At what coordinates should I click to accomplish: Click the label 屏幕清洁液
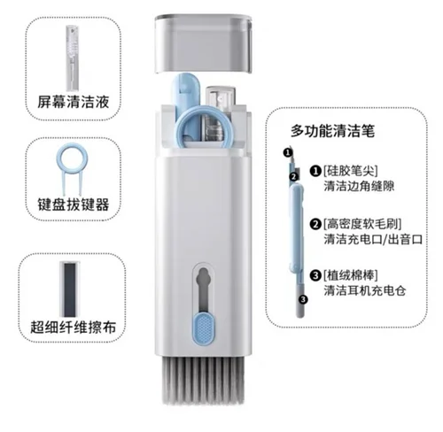[74, 102]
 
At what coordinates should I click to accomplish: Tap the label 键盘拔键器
[74, 204]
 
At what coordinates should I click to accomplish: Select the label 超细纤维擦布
[73, 327]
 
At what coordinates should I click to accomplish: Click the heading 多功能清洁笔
[332, 131]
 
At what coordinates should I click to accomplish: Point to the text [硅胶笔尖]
[351, 170]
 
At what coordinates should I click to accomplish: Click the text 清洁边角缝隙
[359, 186]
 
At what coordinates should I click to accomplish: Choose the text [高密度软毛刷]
[362, 224]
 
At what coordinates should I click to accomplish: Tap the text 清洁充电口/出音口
[373, 239]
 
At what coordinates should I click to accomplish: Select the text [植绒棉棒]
[351, 275]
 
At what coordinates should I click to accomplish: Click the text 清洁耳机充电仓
[365, 290]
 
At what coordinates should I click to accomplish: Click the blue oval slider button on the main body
[204, 328]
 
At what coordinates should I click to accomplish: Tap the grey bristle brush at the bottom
[203, 380]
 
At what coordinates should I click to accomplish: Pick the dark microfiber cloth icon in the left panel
[70, 289]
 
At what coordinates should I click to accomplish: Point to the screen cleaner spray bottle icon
[73, 58]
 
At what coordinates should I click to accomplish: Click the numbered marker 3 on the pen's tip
[303, 299]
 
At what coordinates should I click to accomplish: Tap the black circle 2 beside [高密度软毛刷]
[315, 224]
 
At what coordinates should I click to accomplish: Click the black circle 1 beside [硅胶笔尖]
[315, 171]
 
